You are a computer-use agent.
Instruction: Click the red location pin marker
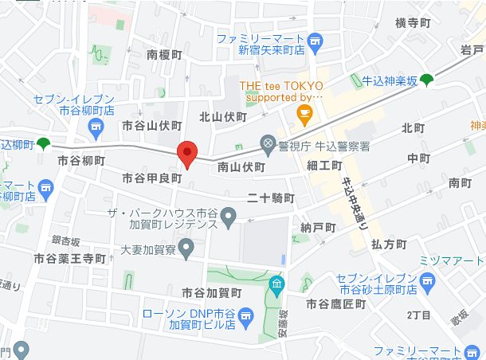click(186, 154)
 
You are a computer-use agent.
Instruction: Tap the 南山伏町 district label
click(241, 167)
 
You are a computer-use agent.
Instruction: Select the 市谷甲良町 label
click(152, 178)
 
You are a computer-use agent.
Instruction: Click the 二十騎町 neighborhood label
click(271, 198)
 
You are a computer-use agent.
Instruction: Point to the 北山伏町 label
click(223, 116)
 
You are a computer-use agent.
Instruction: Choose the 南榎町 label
click(165, 55)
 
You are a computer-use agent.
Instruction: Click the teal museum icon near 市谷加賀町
click(276, 284)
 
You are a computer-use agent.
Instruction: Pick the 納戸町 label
click(319, 228)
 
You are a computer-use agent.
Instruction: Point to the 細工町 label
click(324, 165)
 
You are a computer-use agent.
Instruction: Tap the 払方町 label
click(389, 245)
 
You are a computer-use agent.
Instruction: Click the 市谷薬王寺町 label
click(69, 259)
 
